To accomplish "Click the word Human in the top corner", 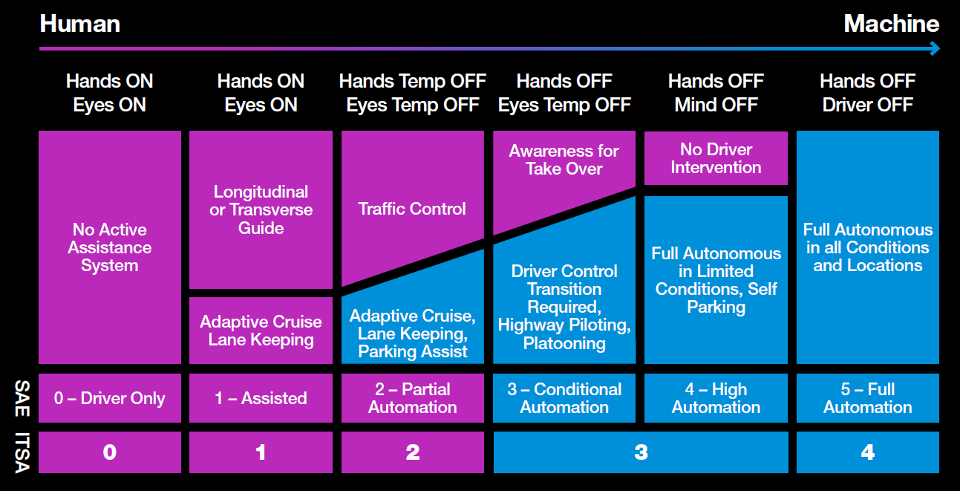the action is pyautogui.click(x=79, y=24).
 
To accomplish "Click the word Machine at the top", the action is pyautogui.click(x=892, y=24).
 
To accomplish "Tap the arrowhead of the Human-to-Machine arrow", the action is pyautogui.click(x=935, y=48).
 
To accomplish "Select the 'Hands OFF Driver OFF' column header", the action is pyautogui.click(x=867, y=93).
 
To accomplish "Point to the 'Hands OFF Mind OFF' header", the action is pyautogui.click(x=716, y=93).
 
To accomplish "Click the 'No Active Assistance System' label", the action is pyautogui.click(x=110, y=247).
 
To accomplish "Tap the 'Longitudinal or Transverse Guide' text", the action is pyautogui.click(x=261, y=209).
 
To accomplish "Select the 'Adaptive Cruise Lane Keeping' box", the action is pyautogui.click(x=261, y=331).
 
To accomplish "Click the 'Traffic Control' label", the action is pyautogui.click(x=412, y=209).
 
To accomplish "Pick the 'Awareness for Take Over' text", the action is pyautogui.click(x=564, y=160).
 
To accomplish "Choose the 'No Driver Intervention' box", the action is pyautogui.click(x=716, y=158).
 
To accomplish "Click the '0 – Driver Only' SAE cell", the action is pyautogui.click(x=110, y=398).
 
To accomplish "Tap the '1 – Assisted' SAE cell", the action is pyautogui.click(x=261, y=398).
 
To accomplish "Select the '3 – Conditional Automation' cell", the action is pyautogui.click(x=564, y=398).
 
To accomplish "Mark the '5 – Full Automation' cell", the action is pyautogui.click(x=868, y=398).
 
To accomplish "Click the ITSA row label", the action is pyautogui.click(x=22, y=452).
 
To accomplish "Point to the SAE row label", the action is pyautogui.click(x=22, y=398).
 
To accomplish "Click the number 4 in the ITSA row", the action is pyautogui.click(x=868, y=452).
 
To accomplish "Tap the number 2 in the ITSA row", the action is pyautogui.click(x=413, y=452).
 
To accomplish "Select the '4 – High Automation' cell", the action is pyautogui.click(x=716, y=398).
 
